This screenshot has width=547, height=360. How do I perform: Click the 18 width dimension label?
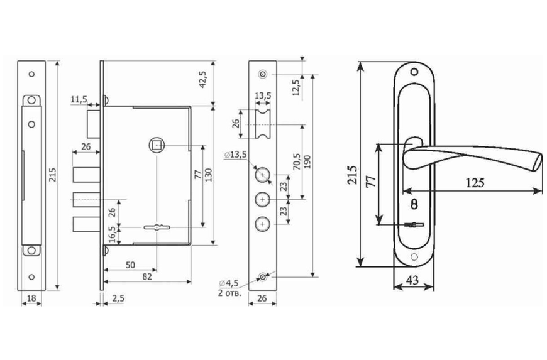pyautogui.click(x=31, y=298)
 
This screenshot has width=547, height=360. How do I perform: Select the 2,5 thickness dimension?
pyautogui.click(x=118, y=298)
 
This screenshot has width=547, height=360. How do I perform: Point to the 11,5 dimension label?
pyautogui.click(x=79, y=100)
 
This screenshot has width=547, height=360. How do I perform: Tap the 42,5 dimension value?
pyautogui.click(x=202, y=79)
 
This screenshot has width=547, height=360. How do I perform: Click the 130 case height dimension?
pyautogui.click(x=208, y=176)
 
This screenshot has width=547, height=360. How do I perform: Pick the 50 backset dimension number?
pyautogui.click(x=130, y=265)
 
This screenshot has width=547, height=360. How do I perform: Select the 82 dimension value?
pyautogui.click(x=147, y=276)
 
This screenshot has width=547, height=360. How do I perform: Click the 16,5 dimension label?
pyautogui.click(x=112, y=234)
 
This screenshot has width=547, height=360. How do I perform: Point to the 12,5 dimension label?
pyautogui.click(x=296, y=87)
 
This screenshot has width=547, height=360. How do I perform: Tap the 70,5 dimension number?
pyautogui.click(x=297, y=161)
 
